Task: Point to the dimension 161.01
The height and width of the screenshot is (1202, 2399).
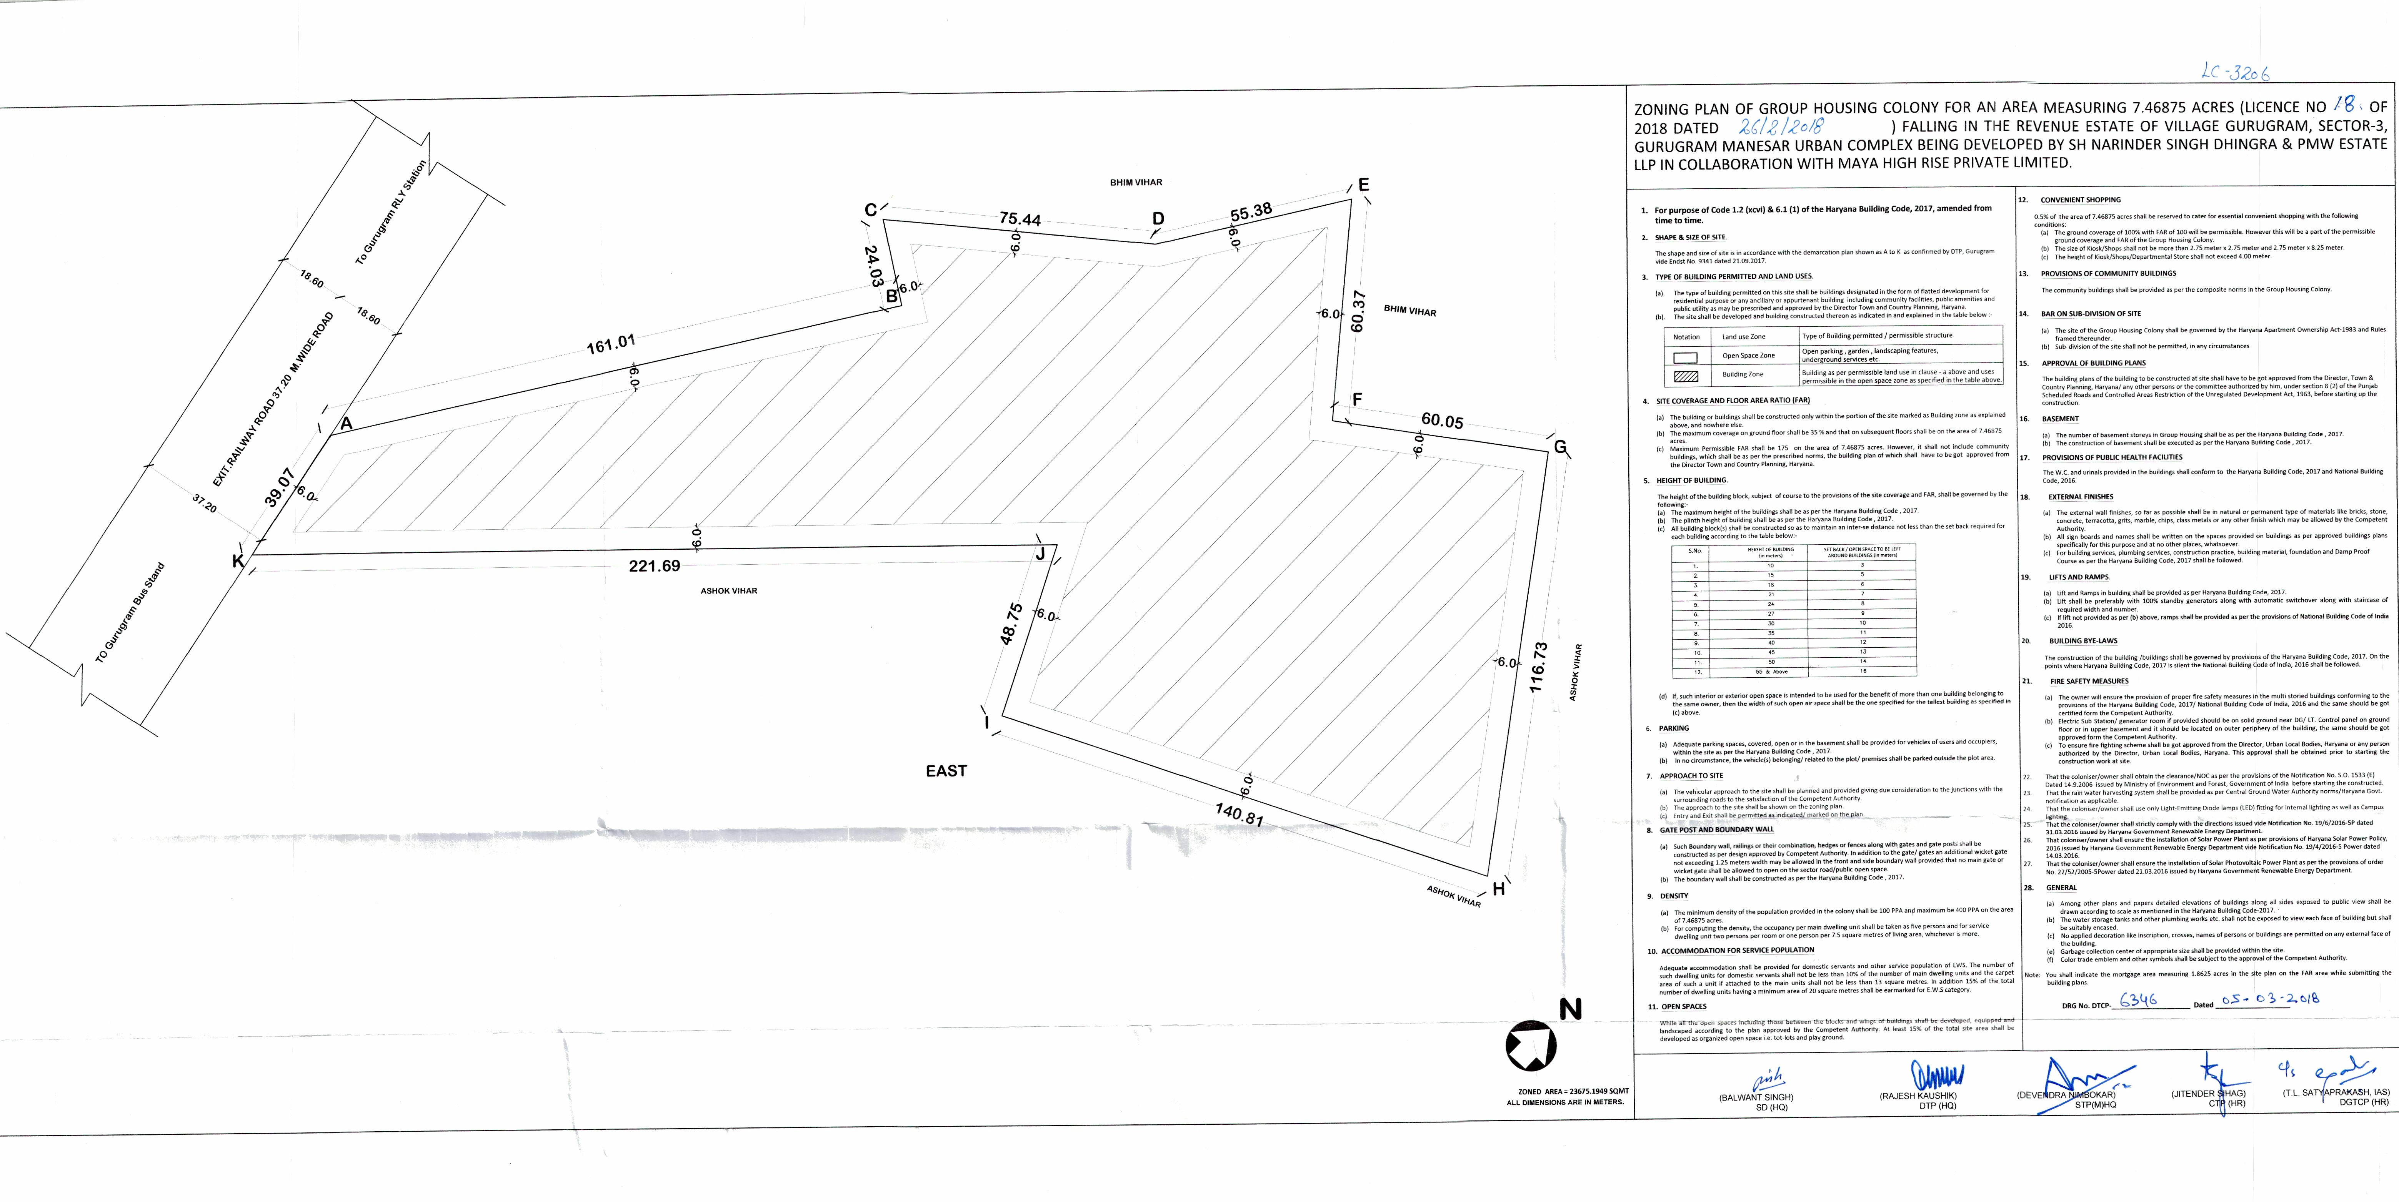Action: tap(611, 346)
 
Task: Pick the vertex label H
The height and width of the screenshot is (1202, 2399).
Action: tap(1498, 889)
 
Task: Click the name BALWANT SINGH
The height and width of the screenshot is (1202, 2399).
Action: tap(1756, 1097)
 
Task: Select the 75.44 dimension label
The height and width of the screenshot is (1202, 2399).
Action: tap(1020, 220)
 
